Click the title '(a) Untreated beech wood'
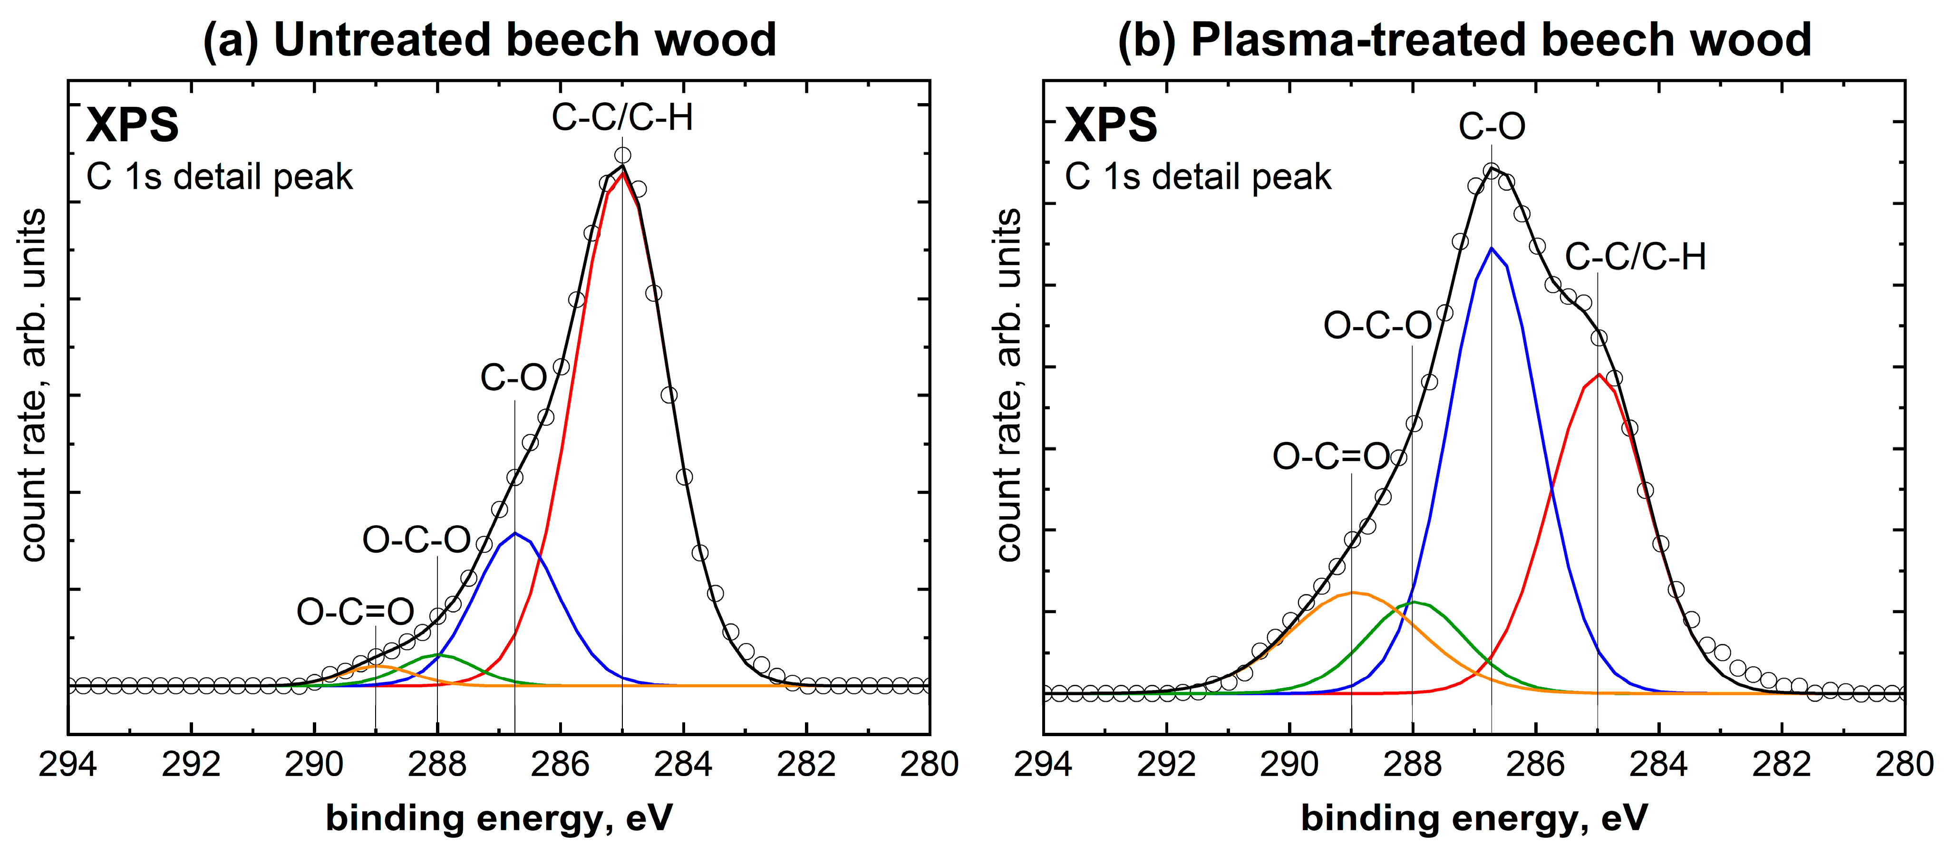490,39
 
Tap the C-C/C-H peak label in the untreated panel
622,118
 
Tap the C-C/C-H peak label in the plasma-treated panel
1635,257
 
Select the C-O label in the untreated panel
514,377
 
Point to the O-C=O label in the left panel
355,612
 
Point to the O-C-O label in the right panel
1377,326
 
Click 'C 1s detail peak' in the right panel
1198,177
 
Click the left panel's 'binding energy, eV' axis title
499,818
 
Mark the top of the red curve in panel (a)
622,173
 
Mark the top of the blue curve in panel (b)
1491,248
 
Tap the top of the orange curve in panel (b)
1352,593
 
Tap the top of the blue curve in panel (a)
515,533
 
